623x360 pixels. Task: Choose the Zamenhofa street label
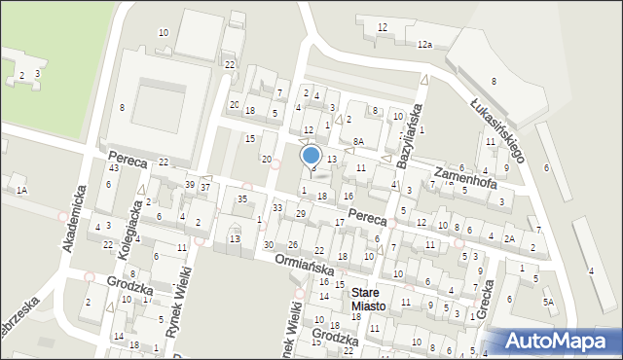(466, 176)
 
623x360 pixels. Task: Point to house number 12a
(424, 45)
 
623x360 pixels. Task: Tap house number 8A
(358, 142)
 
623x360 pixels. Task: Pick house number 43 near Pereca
(113, 168)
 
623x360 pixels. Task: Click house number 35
(242, 198)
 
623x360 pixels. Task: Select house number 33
(277, 207)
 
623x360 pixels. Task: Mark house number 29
(301, 213)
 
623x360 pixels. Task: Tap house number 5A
(548, 302)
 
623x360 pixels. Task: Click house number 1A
(20, 191)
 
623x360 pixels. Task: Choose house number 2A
(509, 238)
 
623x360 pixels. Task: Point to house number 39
(190, 185)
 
